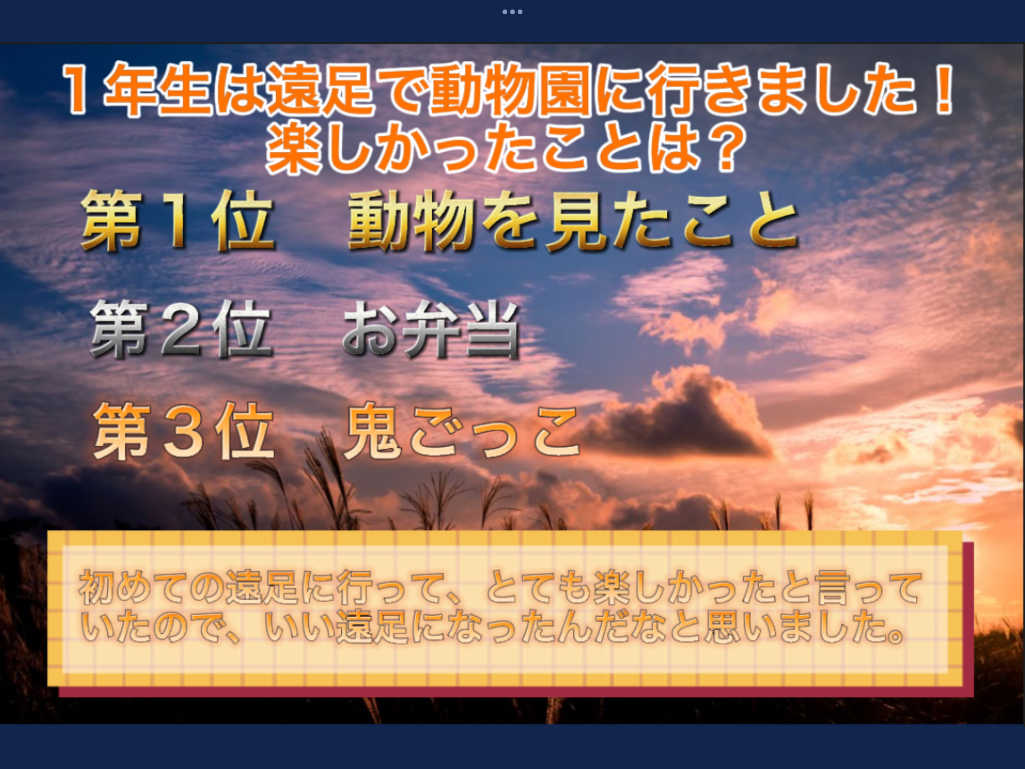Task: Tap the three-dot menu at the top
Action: [512, 11]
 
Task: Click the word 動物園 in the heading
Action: [511, 90]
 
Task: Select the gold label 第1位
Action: [177, 221]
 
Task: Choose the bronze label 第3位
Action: [183, 432]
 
